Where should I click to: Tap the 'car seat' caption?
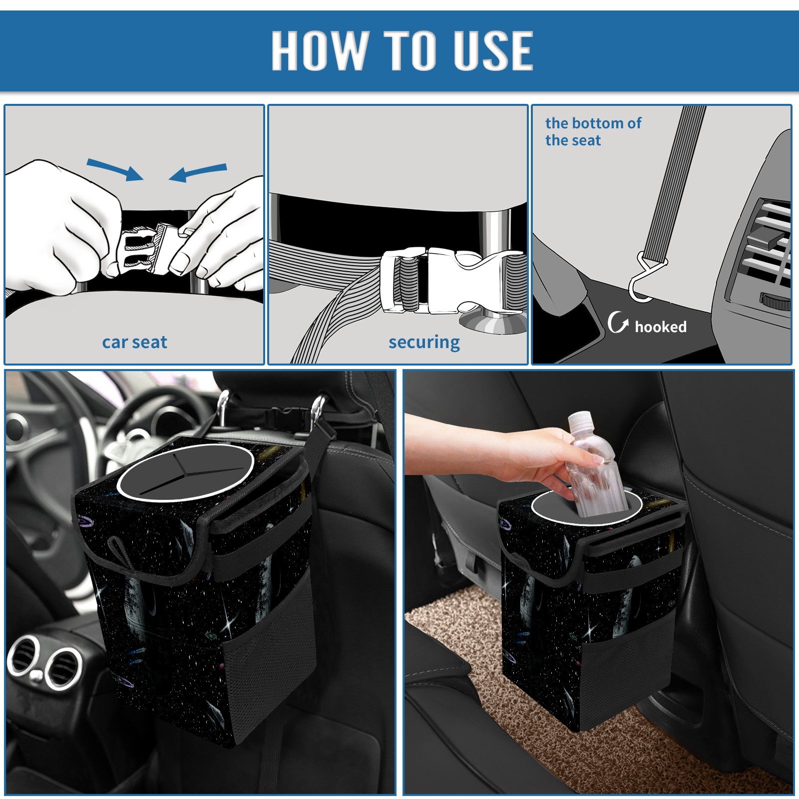tap(134, 342)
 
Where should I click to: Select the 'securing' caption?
tap(424, 343)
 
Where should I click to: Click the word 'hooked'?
tap(661, 327)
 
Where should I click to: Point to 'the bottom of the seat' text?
tap(593, 131)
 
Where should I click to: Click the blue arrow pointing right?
tap(115, 169)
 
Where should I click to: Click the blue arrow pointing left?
tap(198, 172)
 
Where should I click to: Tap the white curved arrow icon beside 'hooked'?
tap(618, 322)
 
